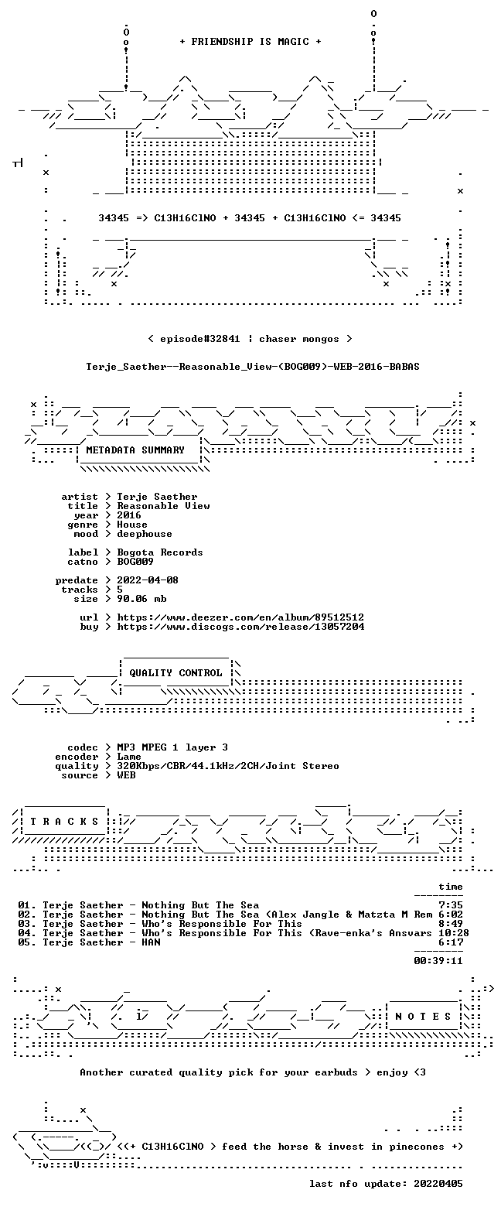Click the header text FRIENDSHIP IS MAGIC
tap(250, 42)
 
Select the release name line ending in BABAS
tap(253, 367)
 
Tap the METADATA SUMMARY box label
tap(135, 450)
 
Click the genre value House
tap(132, 525)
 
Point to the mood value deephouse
tap(145, 534)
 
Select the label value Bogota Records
tap(160, 552)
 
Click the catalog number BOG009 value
tap(135, 562)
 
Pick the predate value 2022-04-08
tap(148, 580)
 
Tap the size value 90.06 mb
tap(141, 599)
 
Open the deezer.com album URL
tap(240, 617)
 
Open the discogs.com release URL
tap(240, 627)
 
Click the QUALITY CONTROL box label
tap(176, 673)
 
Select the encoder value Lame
tap(129, 757)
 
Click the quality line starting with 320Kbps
tap(228, 766)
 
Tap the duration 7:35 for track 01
tap(451, 905)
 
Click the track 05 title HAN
tap(151, 942)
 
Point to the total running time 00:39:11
tap(438, 961)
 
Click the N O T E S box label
tap(423, 1016)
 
